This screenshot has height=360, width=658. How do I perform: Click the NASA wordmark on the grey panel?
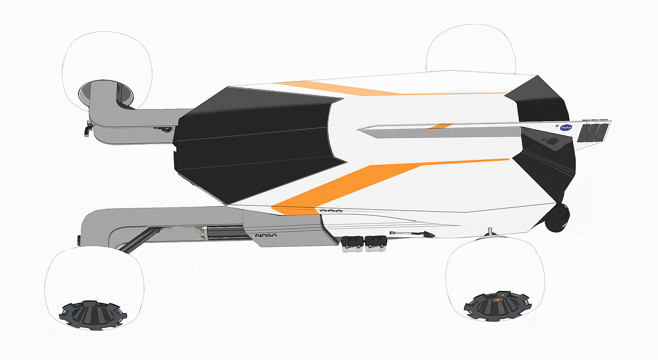266,235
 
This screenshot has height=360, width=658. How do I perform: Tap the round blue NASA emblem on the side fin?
565,127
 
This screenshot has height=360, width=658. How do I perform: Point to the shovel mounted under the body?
412,234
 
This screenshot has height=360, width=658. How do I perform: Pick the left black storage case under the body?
353,243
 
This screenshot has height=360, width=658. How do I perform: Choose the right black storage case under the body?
376,243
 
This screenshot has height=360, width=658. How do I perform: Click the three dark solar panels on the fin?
594,133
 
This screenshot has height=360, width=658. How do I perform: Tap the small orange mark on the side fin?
440,126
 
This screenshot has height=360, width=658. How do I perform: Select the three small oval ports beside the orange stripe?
329,211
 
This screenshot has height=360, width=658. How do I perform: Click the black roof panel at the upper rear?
540,101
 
